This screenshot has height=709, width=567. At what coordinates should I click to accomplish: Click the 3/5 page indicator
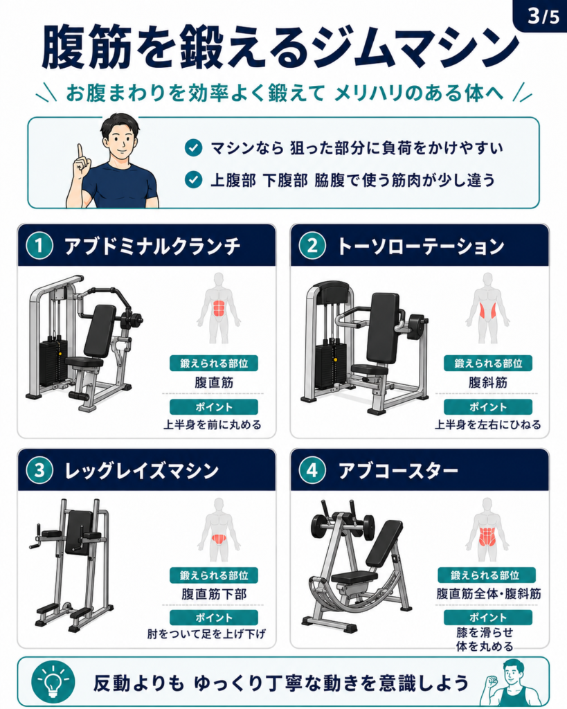(x=543, y=17)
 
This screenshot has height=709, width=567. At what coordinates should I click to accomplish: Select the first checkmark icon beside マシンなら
(x=194, y=148)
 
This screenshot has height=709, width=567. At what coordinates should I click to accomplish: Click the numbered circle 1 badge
(x=39, y=246)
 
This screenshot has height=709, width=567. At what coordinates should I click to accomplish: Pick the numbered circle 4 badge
(x=312, y=471)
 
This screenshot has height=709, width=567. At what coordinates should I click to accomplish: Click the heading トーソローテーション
(x=421, y=246)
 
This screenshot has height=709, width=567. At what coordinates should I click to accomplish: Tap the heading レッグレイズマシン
(x=141, y=471)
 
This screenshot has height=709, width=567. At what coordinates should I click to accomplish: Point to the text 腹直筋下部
(x=214, y=593)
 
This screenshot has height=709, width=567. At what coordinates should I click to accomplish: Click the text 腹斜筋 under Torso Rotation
(x=487, y=382)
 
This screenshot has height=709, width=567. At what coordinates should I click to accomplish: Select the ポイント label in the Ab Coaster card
(x=487, y=618)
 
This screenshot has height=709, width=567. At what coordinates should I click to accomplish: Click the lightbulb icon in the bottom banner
(x=53, y=682)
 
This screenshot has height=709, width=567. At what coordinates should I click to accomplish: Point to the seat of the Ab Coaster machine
(x=354, y=577)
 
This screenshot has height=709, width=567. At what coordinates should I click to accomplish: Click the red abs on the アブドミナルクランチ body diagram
(x=219, y=308)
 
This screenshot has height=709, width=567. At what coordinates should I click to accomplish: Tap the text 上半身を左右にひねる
(x=487, y=425)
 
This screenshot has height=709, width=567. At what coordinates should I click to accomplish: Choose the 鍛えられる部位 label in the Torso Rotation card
(x=487, y=363)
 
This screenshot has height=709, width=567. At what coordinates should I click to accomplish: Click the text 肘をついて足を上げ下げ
(x=206, y=634)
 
